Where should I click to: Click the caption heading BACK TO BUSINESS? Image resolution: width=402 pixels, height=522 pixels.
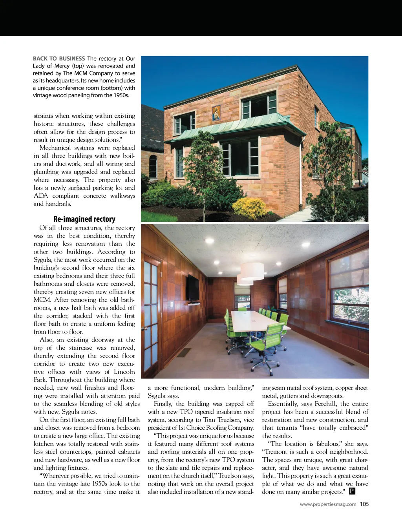click(59, 58)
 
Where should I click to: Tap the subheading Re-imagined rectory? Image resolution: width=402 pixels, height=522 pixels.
click(84, 219)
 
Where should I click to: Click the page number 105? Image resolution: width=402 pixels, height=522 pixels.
click(364, 504)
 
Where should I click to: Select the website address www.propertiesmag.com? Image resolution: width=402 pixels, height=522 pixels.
click(328, 504)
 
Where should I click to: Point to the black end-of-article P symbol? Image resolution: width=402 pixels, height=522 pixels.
click(352, 491)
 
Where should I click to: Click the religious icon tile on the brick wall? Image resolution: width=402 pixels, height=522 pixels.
click(216, 113)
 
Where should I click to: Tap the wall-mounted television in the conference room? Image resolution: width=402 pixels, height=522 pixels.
click(193, 288)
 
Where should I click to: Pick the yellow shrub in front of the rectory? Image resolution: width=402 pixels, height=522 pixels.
click(250, 208)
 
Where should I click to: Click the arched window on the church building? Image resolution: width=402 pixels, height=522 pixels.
click(153, 166)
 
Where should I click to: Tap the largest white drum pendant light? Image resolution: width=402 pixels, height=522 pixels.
click(252, 271)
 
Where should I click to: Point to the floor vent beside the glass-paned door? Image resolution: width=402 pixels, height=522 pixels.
click(183, 352)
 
